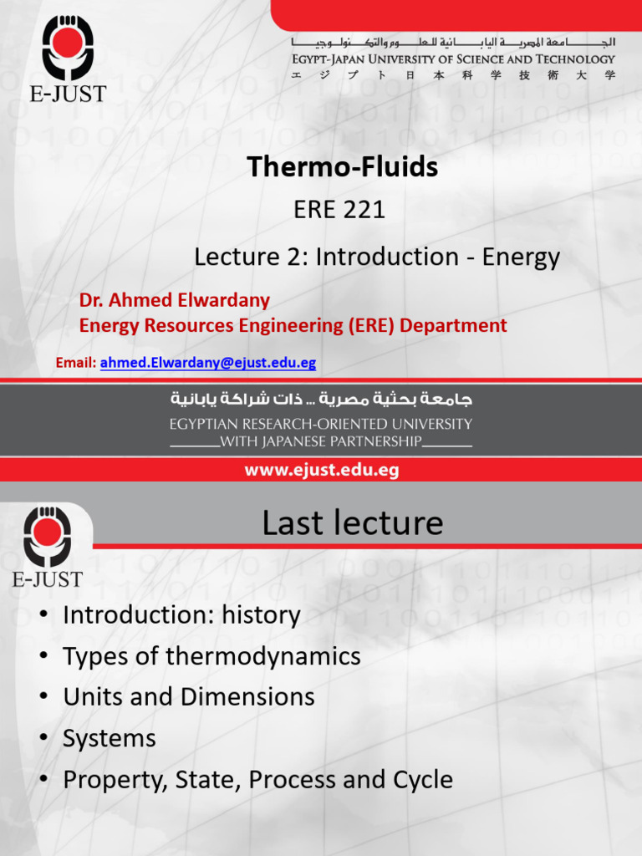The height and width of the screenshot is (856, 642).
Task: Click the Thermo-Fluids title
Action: point(342,167)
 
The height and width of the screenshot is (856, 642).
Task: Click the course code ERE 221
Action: point(339,210)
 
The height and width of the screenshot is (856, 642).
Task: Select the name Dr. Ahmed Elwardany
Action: point(175,300)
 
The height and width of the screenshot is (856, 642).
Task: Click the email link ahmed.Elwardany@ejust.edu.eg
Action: point(208,363)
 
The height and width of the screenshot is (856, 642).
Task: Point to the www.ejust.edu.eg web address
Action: point(321,471)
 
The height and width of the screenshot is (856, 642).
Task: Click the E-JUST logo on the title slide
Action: point(68,54)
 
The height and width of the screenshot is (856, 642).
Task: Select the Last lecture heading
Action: point(352,523)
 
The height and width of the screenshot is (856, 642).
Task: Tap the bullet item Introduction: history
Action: point(181,615)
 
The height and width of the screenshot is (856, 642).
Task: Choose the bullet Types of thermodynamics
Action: point(211,656)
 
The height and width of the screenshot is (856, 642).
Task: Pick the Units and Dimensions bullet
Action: point(188,697)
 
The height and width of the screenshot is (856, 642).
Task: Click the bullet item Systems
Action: point(110,739)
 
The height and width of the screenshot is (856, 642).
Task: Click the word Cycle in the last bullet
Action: point(422,780)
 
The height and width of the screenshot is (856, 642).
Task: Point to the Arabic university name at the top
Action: point(453,42)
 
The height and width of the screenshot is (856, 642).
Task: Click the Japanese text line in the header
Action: point(453,75)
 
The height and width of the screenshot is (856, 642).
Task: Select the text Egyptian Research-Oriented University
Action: point(321,424)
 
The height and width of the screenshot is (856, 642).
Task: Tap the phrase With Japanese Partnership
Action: point(321,441)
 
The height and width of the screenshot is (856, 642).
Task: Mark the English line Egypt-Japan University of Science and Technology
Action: point(453,59)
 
